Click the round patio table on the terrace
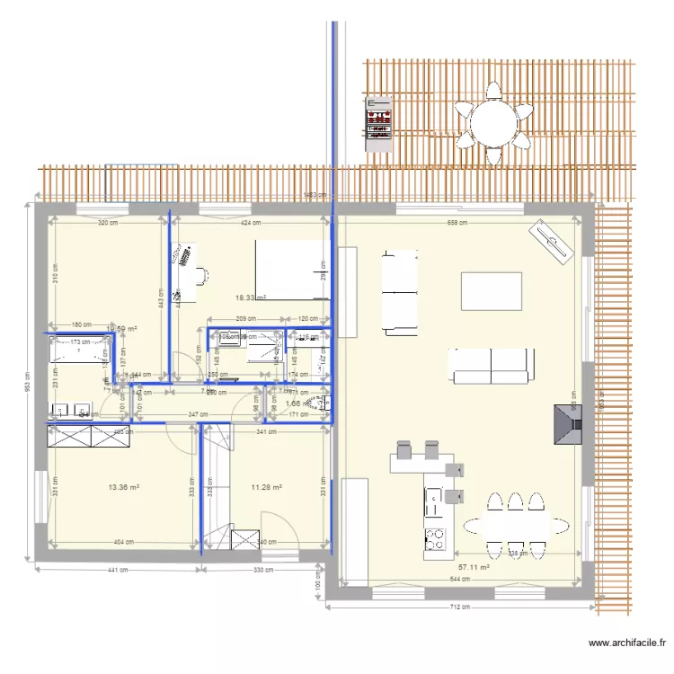pos(492,122)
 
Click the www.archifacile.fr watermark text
pos(627,643)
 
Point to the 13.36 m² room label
pos(123,487)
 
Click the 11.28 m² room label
pos(267,487)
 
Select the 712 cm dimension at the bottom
pos(460,607)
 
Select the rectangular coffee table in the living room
pos(491,291)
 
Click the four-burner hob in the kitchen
pos(435,537)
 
